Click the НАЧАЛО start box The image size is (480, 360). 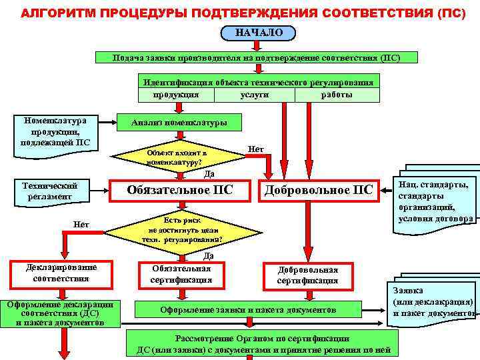(258, 32)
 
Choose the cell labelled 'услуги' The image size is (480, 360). (254, 95)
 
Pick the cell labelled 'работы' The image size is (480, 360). (337, 95)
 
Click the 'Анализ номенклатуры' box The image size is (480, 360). (179, 123)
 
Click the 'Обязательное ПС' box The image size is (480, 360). (180, 190)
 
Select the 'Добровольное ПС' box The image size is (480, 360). (318, 190)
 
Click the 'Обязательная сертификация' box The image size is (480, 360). (181, 274)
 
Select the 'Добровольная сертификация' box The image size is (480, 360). (307, 275)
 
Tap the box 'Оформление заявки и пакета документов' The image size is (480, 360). (249, 310)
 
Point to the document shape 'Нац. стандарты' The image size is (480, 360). (435, 201)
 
